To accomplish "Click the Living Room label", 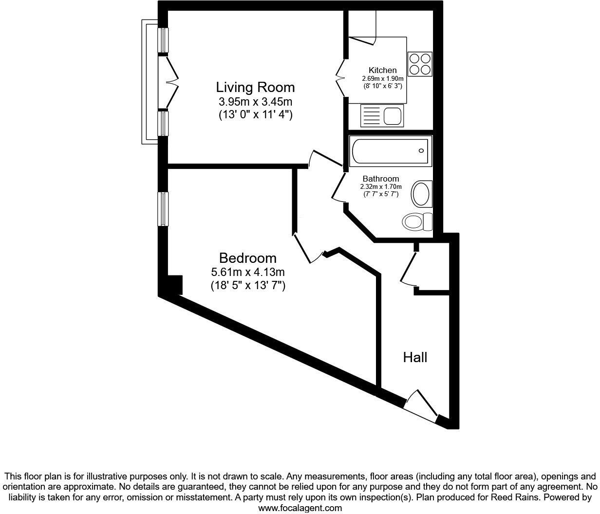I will pos(255,88).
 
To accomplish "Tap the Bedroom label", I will pos(247,258).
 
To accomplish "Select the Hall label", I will pos(415,358).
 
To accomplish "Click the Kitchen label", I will pos(382,70).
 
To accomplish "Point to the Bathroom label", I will pos(380,179).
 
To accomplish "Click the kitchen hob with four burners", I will pos(420,64).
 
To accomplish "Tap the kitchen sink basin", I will pos(392,116).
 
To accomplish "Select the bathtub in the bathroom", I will pos(390,151).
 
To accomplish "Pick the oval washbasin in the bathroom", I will pos(421,194).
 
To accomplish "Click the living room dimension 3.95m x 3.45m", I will pos(255,102).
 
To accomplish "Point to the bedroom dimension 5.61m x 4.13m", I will pos(247,273).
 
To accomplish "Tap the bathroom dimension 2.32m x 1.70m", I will pos(380,186).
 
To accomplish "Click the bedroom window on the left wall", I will pos(163,209).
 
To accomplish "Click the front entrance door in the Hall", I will pos(420,405).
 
